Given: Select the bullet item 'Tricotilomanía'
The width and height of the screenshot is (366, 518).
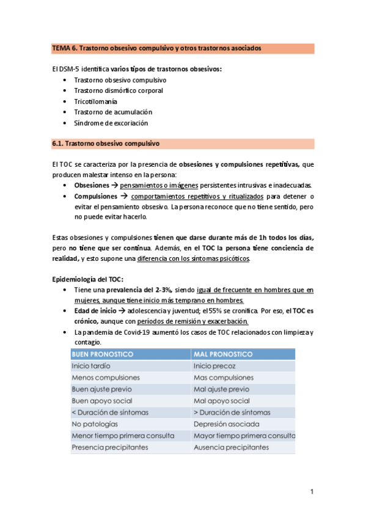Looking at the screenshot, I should click(x=95, y=101).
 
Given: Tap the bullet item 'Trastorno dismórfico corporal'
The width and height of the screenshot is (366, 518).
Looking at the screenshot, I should click(x=118, y=90).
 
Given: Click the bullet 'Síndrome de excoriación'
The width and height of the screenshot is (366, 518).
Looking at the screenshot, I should click(x=111, y=123).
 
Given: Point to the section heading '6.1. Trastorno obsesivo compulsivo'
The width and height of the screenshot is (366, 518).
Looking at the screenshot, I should click(x=106, y=144).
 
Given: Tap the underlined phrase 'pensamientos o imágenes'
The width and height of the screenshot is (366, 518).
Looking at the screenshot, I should click(x=162, y=184).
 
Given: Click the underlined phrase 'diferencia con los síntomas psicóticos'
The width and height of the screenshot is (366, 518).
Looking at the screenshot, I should click(x=193, y=258).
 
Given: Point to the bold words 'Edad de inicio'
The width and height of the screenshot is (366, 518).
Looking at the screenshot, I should click(x=95, y=311).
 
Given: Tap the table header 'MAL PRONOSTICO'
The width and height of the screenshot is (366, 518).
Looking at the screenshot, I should click(x=222, y=354).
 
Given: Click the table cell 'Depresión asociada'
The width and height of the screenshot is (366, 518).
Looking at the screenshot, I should click(x=226, y=424).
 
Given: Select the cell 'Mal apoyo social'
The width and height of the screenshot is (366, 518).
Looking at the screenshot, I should click(x=221, y=401).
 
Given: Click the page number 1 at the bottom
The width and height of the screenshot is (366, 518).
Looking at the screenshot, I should click(x=312, y=492).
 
